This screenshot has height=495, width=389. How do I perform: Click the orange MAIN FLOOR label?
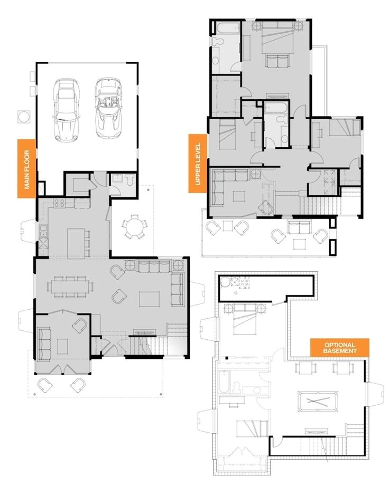tap(26, 168)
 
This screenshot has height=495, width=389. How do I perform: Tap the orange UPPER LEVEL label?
tap(198, 163)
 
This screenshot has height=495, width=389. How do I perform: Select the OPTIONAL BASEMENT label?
tap(339, 347)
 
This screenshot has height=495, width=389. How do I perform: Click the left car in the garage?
tap(66, 111)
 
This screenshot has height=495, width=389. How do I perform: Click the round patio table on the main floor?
tap(134, 227)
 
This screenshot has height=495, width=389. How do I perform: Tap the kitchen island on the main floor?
tap(76, 243)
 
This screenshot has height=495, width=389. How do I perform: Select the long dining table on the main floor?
tap(70, 286)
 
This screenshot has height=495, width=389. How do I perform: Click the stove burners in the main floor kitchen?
tap(59, 202)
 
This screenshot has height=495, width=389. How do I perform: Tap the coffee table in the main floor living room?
tap(149, 299)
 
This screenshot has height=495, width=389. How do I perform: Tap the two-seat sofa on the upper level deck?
tap(299, 229)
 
